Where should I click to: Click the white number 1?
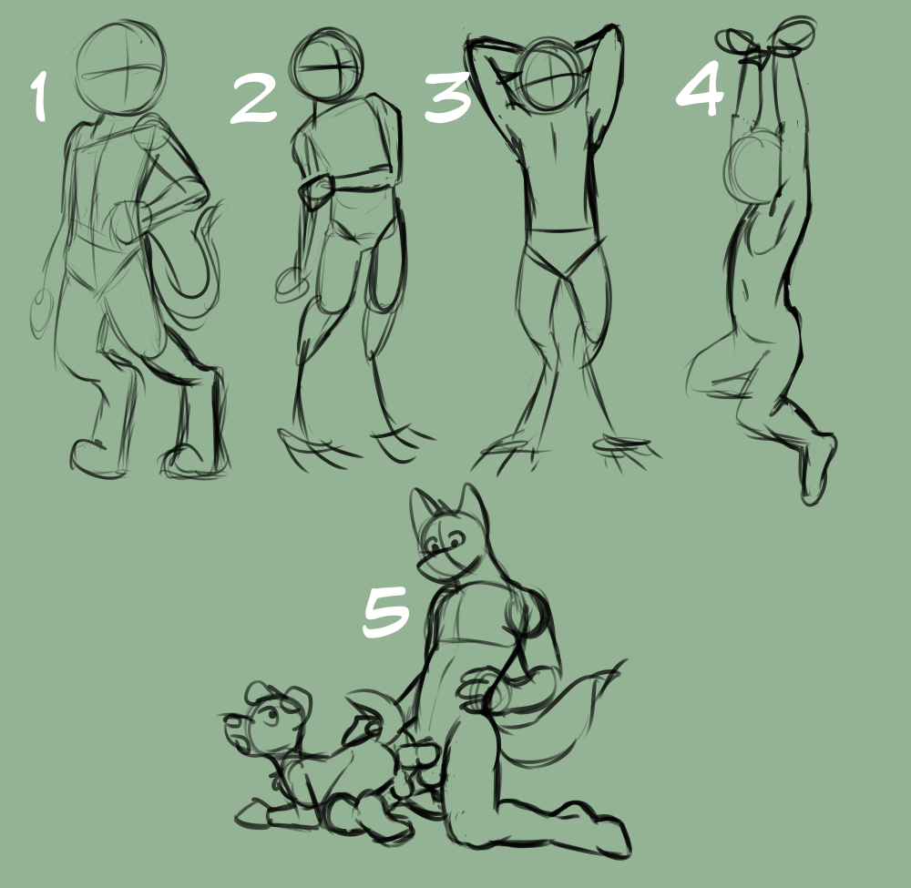click(39, 96)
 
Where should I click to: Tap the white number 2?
click(254, 100)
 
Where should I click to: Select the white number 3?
click(446, 97)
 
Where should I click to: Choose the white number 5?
click(385, 611)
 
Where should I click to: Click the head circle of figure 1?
click(121, 68)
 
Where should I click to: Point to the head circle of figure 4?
click(753, 167)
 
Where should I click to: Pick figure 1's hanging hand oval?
click(42, 313)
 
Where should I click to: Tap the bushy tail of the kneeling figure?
click(560, 720)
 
